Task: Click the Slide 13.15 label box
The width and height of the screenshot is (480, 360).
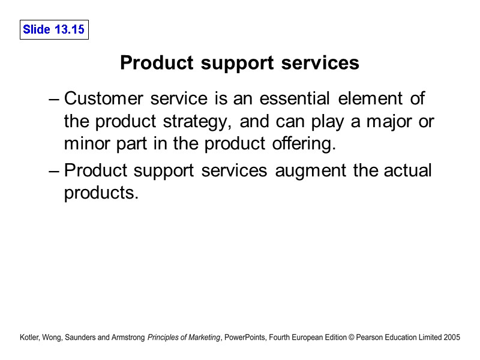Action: (53, 29)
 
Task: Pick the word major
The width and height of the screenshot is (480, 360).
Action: (389, 122)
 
